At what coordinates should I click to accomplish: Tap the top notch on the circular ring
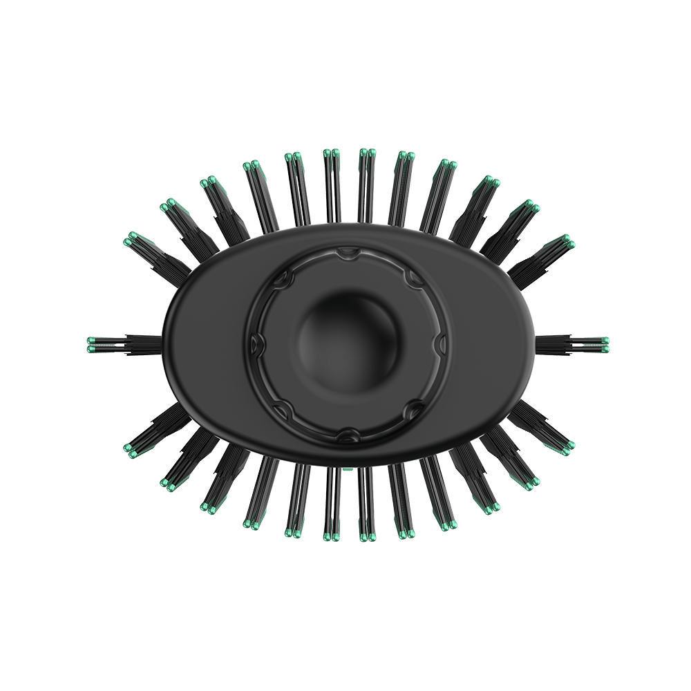tap(344, 256)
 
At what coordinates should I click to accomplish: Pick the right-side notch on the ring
tap(437, 342)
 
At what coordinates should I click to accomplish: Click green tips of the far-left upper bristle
tap(130, 239)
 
